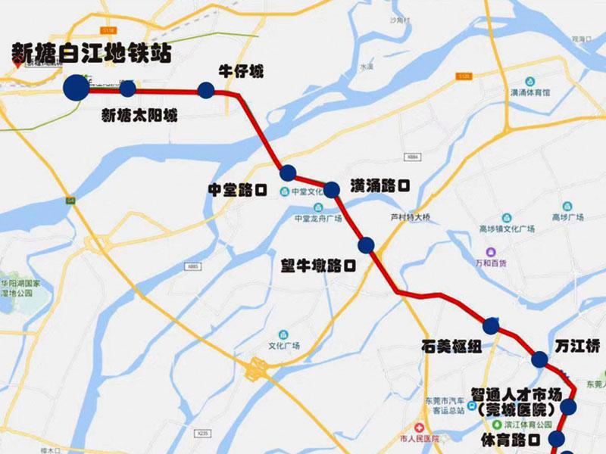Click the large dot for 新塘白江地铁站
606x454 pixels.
coord(76,88)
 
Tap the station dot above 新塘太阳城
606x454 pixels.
coord(127,89)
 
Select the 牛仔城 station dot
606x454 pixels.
coord(205,91)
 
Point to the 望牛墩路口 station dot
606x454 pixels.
coord(367,244)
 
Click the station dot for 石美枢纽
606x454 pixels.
coord(492,326)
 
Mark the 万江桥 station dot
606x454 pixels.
coord(540,359)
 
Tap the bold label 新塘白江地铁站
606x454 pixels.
coord(91,53)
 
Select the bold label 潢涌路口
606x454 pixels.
coord(380,185)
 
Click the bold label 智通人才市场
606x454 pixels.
coord(516,393)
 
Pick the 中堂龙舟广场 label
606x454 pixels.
coord(318,218)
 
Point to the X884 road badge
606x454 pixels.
coord(411,157)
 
